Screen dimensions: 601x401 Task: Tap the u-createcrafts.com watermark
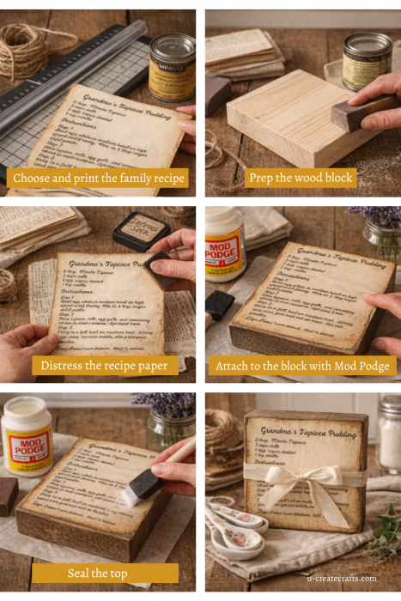click(x=342, y=578)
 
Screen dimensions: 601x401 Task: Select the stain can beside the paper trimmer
click(x=172, y=67)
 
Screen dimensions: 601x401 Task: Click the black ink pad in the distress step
click(x=142, y=229)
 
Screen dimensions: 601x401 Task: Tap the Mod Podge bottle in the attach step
click(x=224, y=244)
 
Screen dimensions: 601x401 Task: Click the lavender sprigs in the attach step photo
click(x=382, y=218)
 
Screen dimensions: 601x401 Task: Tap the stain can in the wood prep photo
click(x=367, y=60)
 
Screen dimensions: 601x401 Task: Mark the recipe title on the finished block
click(x=305, y=429)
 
